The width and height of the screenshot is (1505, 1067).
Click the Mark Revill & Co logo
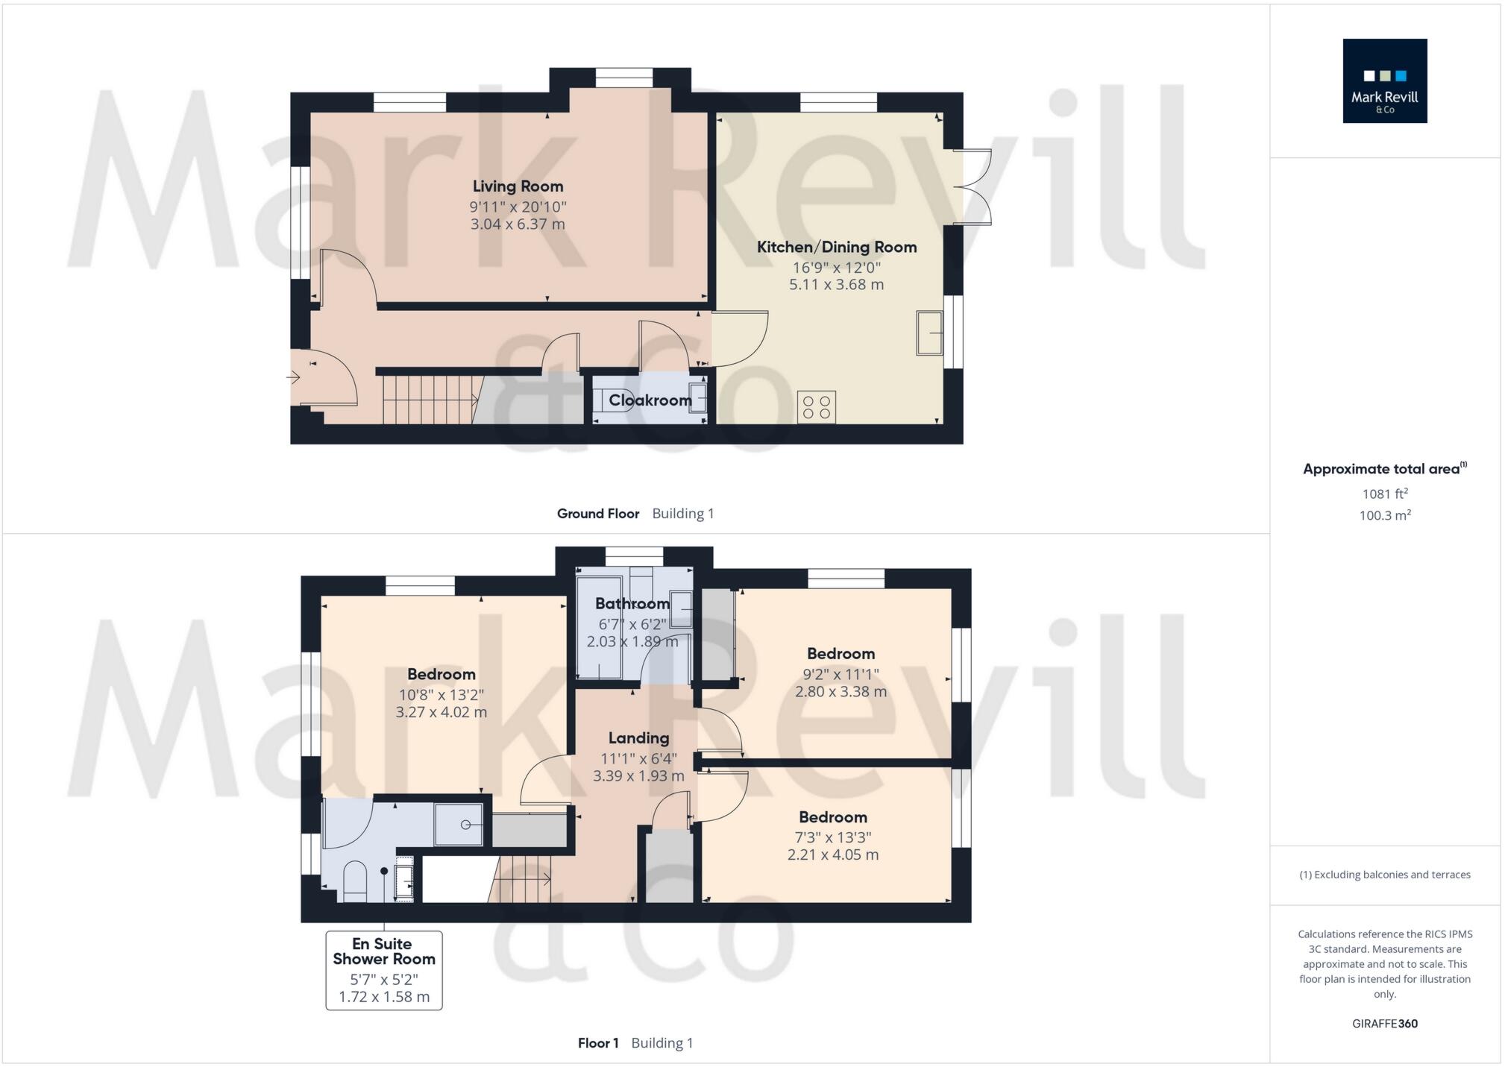click(x=1384, y=81)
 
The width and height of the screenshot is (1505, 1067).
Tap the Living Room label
click(x=518, y=186)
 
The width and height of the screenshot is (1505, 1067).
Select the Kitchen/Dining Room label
click(x=836, y=247)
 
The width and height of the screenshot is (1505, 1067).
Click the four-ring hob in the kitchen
click(x=816, y=407)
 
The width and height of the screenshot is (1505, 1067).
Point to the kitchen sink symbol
click(x=929, y=333)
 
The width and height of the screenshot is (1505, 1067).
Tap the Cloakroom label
click(x=650, y=400)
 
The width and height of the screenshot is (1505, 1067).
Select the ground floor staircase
click(x=430, y=400)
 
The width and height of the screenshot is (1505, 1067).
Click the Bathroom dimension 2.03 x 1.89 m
click(x=632, y=641)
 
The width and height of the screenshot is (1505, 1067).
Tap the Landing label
click(x=638, y=738)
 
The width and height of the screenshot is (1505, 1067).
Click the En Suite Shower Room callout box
click(x=383, y=969)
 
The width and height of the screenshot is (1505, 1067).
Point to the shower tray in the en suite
click(x=459, y=825)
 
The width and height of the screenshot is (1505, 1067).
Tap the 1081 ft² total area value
click(x=1384, y=494)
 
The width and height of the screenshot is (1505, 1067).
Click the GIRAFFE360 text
click(x=1384, y=1024)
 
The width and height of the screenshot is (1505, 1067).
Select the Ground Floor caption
click(x=597, y=514)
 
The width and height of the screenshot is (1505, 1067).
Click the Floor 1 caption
click(x=597, y=1043)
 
